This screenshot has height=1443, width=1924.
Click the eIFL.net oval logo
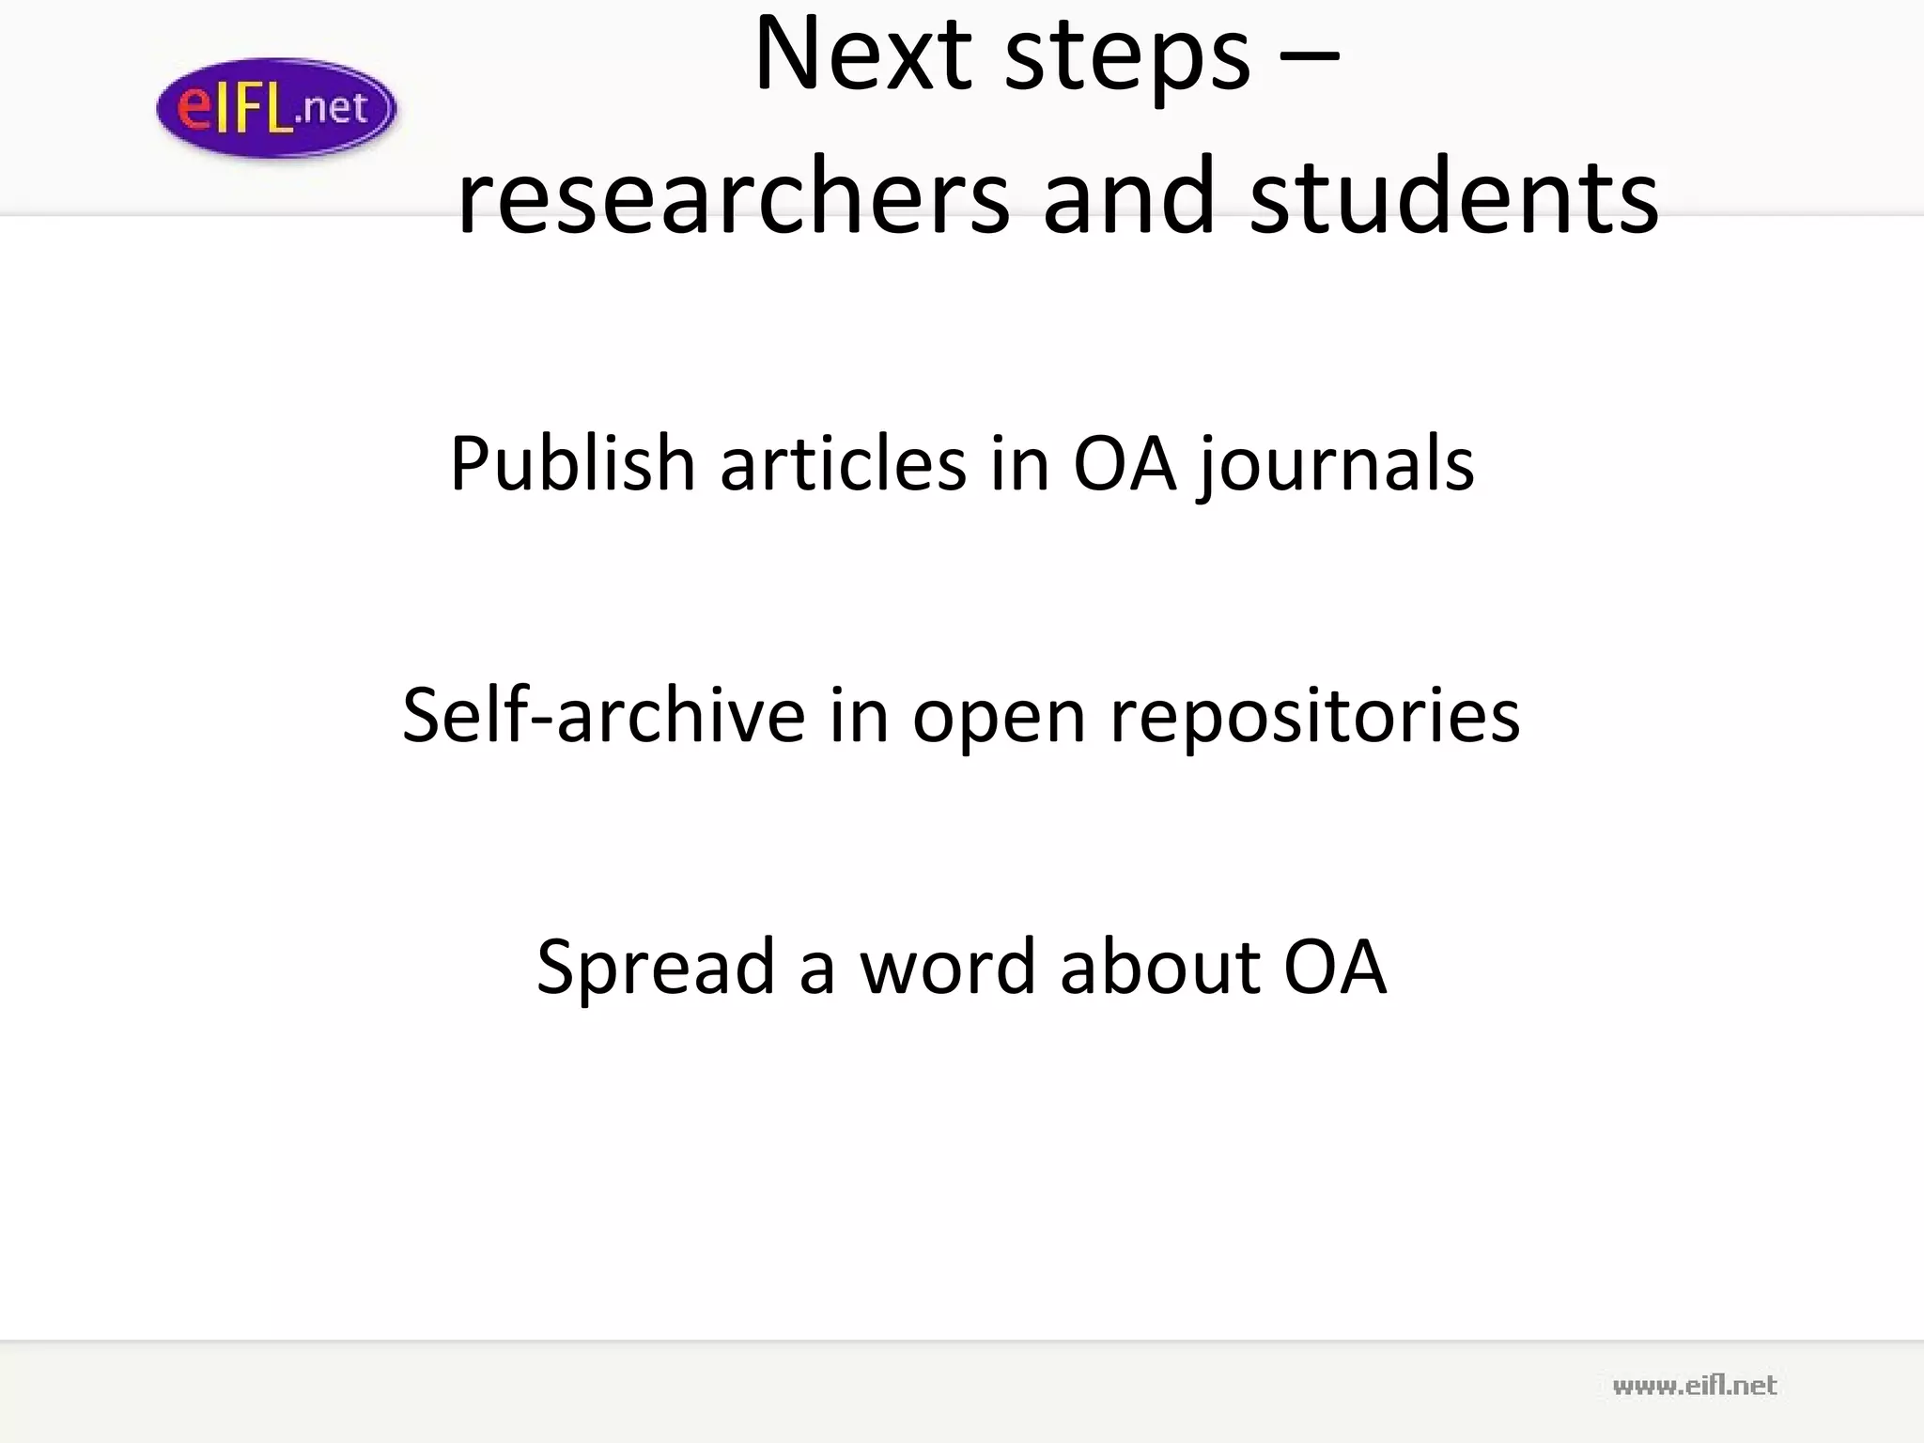pyautogui.click(x=276, y=108)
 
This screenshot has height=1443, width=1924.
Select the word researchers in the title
pyautogui.click(x=734, y=197)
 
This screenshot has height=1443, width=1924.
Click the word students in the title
pyautogui.click(x=1453, y=197)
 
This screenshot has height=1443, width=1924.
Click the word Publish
pyautogui.click(x=572, y=463)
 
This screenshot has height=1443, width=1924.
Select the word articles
pyautogui.click(x=843, y=463)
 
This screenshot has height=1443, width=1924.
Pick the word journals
pyautogui.click(x=1336, y=463)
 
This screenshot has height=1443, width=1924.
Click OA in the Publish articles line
pyautogui.click(x=1125, y=463)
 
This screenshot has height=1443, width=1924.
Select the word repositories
pyautogui.click(x=1314, y=715)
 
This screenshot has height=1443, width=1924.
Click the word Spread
pyautogui.click(x=655, y=967)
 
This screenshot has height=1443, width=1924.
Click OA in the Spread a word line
pyautogui.click(x=1335, y=967)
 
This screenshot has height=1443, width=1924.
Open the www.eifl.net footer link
pyautogui.click(x=1694, y=1386)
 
